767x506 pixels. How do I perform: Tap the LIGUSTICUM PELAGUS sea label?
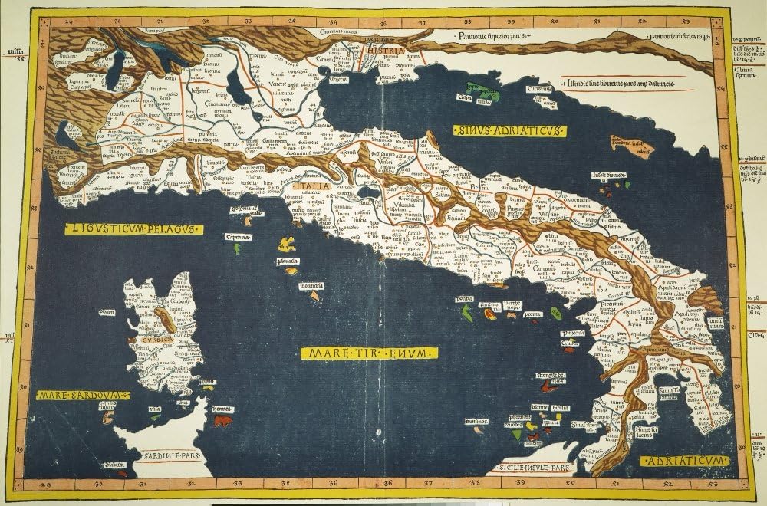(131, 228)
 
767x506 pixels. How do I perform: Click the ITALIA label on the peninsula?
(314, 186)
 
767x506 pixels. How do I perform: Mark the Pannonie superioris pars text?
(490, 35)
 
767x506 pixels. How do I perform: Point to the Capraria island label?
(239, 237)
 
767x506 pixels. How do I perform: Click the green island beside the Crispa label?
(486, 95)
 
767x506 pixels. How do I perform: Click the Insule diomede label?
(608, 176)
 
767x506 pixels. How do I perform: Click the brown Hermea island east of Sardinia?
(222, 420)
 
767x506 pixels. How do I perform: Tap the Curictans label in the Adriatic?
(539, 89)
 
